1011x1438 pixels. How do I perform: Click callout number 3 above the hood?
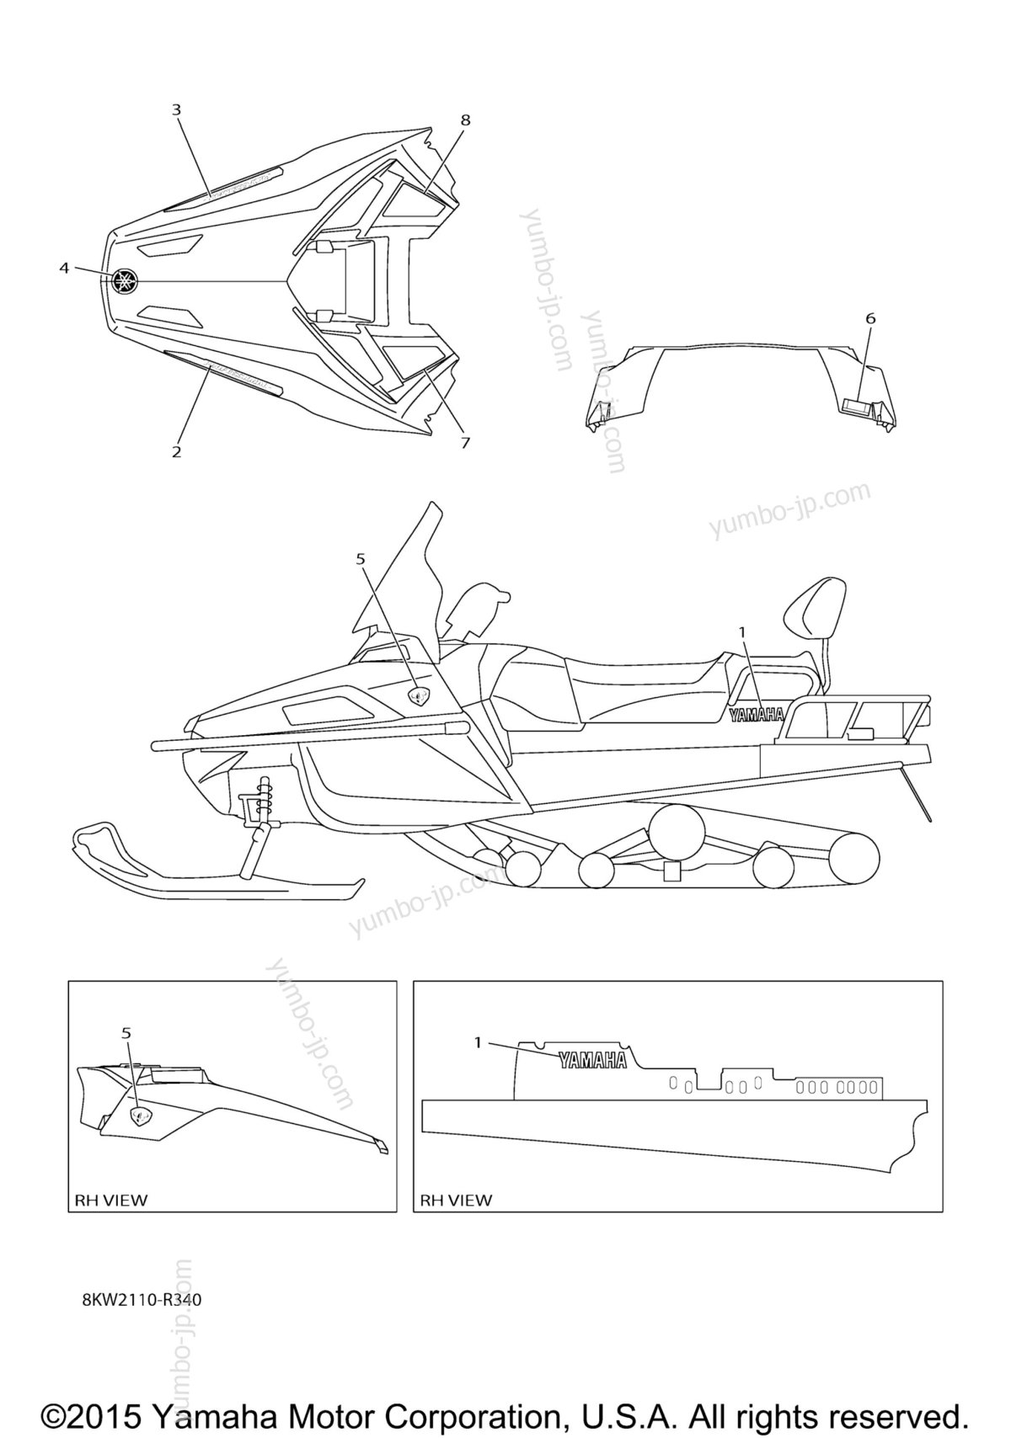(x=176, y=109)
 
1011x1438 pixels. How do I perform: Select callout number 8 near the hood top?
(x=465, y=120)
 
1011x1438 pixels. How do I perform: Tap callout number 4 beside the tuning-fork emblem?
(x=63, y=268)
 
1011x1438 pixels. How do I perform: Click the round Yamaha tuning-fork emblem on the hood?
(x=125, y=281)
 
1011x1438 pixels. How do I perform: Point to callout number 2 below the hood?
(x=176, y=451)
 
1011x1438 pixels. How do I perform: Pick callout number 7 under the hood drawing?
(x=464, y=442)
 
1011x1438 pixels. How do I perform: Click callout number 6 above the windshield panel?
(x=870, y=318)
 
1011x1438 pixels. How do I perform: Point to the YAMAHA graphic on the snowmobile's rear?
(x=757, y=715)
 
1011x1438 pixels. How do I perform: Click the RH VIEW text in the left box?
(x=110, y=1200)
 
